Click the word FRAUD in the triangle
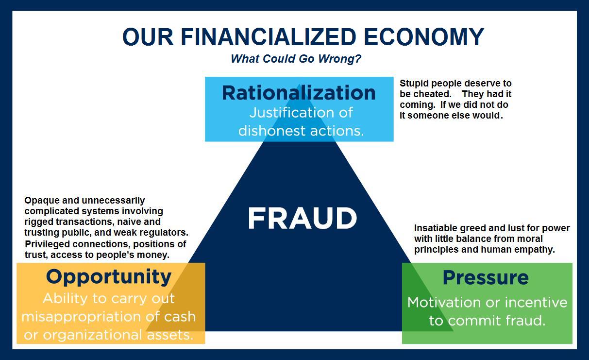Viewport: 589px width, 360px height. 302,219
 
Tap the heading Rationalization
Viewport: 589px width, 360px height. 299,92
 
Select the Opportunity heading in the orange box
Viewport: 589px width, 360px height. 109,276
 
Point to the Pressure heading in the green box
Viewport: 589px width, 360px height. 486,277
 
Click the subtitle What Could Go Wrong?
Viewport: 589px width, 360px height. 296,59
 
